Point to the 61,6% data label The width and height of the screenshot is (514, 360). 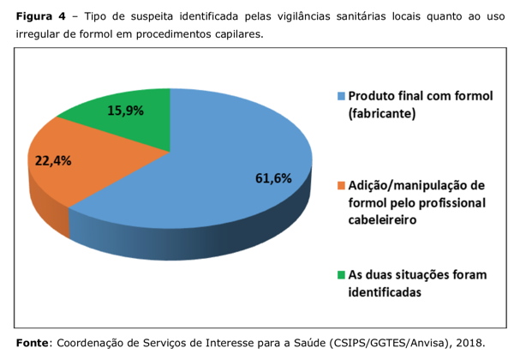[x=273, y=178]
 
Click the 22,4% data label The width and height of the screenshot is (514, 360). [x=53, y=160]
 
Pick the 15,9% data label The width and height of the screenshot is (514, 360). [x=125, y=111]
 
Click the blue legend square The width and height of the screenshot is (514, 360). [x=341, y=96]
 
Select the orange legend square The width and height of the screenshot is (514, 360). [x=341, y=186]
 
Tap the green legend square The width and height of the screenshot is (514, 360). [x=341, y=275]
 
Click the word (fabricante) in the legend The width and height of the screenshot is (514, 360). [x=383, y=113]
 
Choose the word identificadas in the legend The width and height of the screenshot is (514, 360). [x=385, y=292]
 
